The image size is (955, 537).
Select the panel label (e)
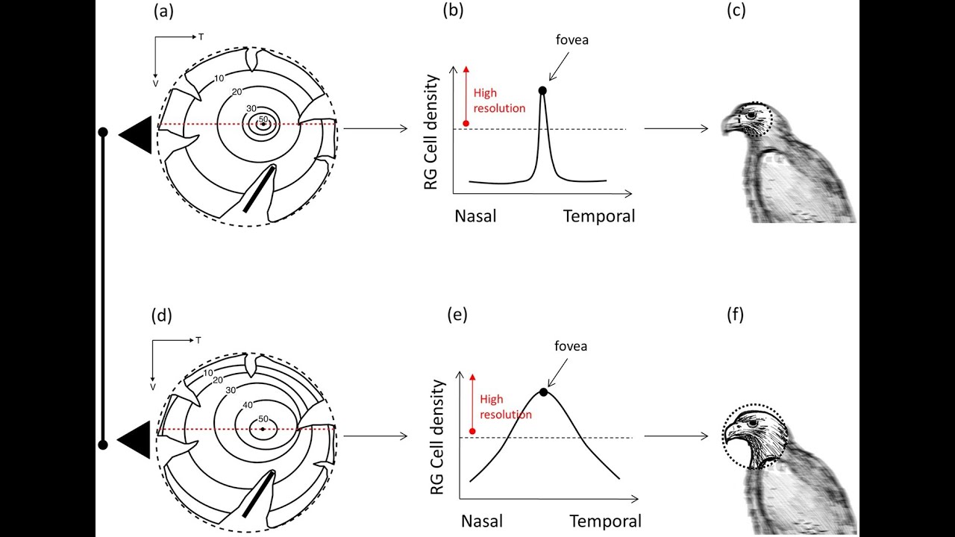point(457,315)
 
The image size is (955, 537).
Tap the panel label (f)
point(735,315)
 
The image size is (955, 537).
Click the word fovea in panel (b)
point(572,40)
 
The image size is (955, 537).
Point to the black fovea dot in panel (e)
point(543,392)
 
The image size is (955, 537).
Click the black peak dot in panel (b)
point(542,90)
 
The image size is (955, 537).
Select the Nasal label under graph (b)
point(475,216)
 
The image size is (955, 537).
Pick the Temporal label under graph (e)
point(605,520)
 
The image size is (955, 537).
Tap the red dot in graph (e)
point(472,431)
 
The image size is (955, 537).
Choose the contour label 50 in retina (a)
point(263,119)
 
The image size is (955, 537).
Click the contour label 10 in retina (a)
point(219,78)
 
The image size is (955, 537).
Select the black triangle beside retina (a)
point(137,136)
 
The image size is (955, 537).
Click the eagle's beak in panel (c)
point(729,126)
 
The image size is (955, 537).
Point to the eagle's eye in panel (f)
point(754,423)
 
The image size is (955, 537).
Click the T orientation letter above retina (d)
point(198,340)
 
